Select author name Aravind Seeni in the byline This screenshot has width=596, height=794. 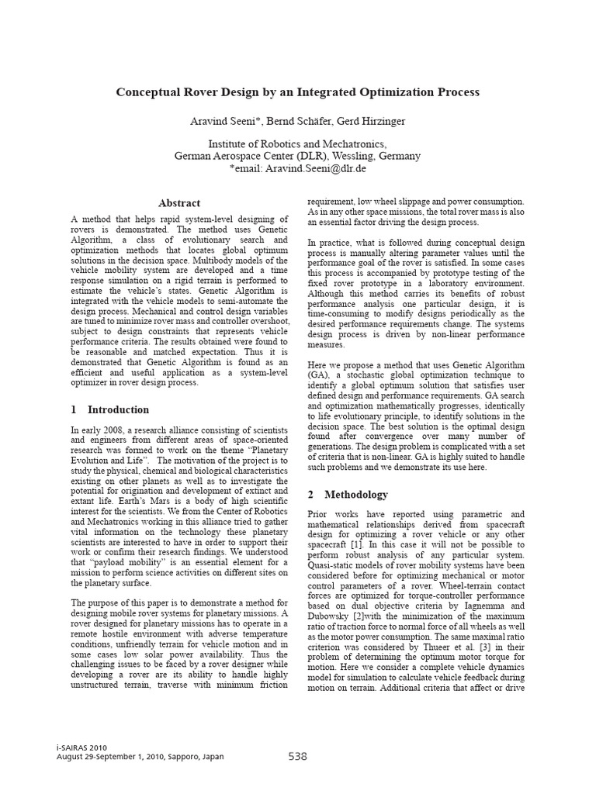pyautogui.click(x=225, y=122)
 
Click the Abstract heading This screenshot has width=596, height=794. pyautogui.click(x=179, y=203)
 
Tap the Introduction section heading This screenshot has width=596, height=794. pyautogui.click(x=119, y=409)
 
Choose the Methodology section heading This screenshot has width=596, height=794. pyautogui.click(x=356, y=494)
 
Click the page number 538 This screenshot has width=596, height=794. pyautogui.click(x=298, y=755)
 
